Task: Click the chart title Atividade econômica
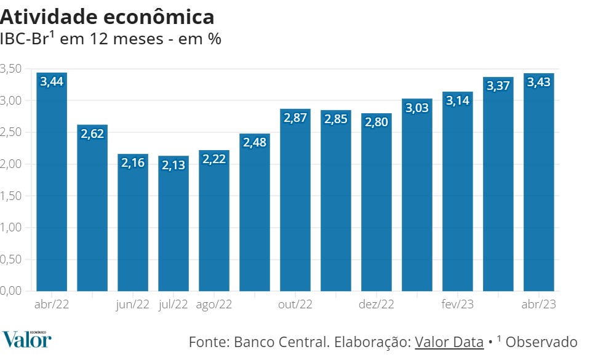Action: (108, 17)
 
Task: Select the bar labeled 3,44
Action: (52, 185)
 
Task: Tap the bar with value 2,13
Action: (174, 228)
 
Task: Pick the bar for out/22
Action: (295, 203)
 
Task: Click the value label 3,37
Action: (498, 86)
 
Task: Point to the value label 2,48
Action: (255, 143)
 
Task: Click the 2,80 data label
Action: (377, 122)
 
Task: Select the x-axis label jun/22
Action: (133, 304)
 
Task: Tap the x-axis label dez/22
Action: (377, 304)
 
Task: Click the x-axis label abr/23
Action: (539, 304)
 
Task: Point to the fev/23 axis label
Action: (458, 304)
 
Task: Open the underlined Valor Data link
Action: (449, 342)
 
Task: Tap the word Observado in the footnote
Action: (542, 342)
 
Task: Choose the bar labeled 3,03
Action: (417, 197)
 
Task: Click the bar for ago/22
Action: (214, 222)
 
